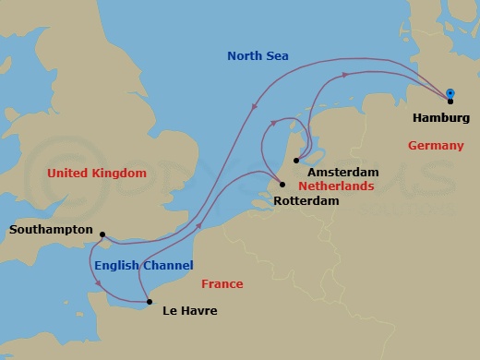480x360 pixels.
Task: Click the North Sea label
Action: click(x=258, y=56)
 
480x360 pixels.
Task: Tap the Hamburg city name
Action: click(x=441, y=118)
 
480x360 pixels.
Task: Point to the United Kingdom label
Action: click(x=97, y=173)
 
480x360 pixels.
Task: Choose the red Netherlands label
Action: click(x=336, y=186)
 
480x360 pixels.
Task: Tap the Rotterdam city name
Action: click(x=307, y=200)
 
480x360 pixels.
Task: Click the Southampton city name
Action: click(x=52, y=229)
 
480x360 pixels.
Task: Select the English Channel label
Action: click(x=143, y=266)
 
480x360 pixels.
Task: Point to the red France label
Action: click(x=221, y=284)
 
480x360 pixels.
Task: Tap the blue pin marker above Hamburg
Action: click(x=450, y=93)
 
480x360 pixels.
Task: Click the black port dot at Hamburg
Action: click(x=450, y=102)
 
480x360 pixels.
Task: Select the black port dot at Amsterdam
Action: click(x=295, y=162)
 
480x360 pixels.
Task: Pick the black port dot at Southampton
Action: click(x=102, y=234)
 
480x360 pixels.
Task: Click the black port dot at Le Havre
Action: click(x=149, y=302)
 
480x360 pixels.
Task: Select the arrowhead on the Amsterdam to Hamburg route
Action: click(x=344, y=75)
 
